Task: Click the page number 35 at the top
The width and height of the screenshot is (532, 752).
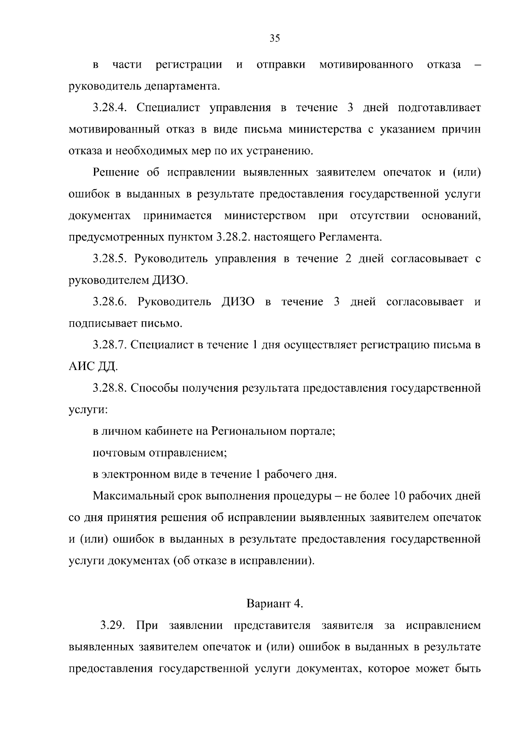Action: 275,39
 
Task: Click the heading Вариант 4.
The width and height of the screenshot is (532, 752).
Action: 275,604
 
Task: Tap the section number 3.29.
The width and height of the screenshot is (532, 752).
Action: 113,626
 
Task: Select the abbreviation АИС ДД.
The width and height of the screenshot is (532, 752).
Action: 93,367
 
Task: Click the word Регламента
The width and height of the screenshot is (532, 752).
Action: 350,238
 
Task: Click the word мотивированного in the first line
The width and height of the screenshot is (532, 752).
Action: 366,65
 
